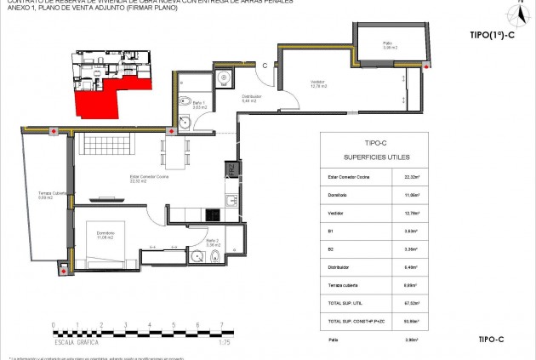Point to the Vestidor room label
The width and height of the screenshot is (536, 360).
[320, 83]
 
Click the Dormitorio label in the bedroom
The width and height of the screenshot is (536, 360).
[105, 234]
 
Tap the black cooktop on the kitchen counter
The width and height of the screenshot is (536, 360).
[230, 201]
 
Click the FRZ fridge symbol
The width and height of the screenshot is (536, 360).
[230, 170]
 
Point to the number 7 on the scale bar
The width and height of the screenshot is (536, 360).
[221, 324]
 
